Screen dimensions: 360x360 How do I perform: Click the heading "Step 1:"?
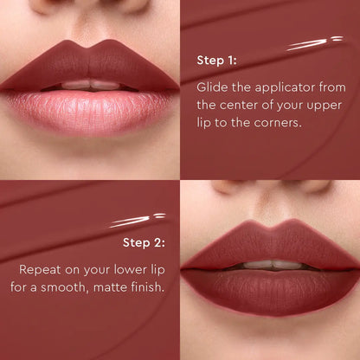[x=216, y=61]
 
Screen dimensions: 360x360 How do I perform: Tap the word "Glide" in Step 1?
[x=214, y=87]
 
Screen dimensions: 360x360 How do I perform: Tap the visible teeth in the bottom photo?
[x=271, y=264]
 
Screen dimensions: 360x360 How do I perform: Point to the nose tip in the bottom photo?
[x=271, y=185]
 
